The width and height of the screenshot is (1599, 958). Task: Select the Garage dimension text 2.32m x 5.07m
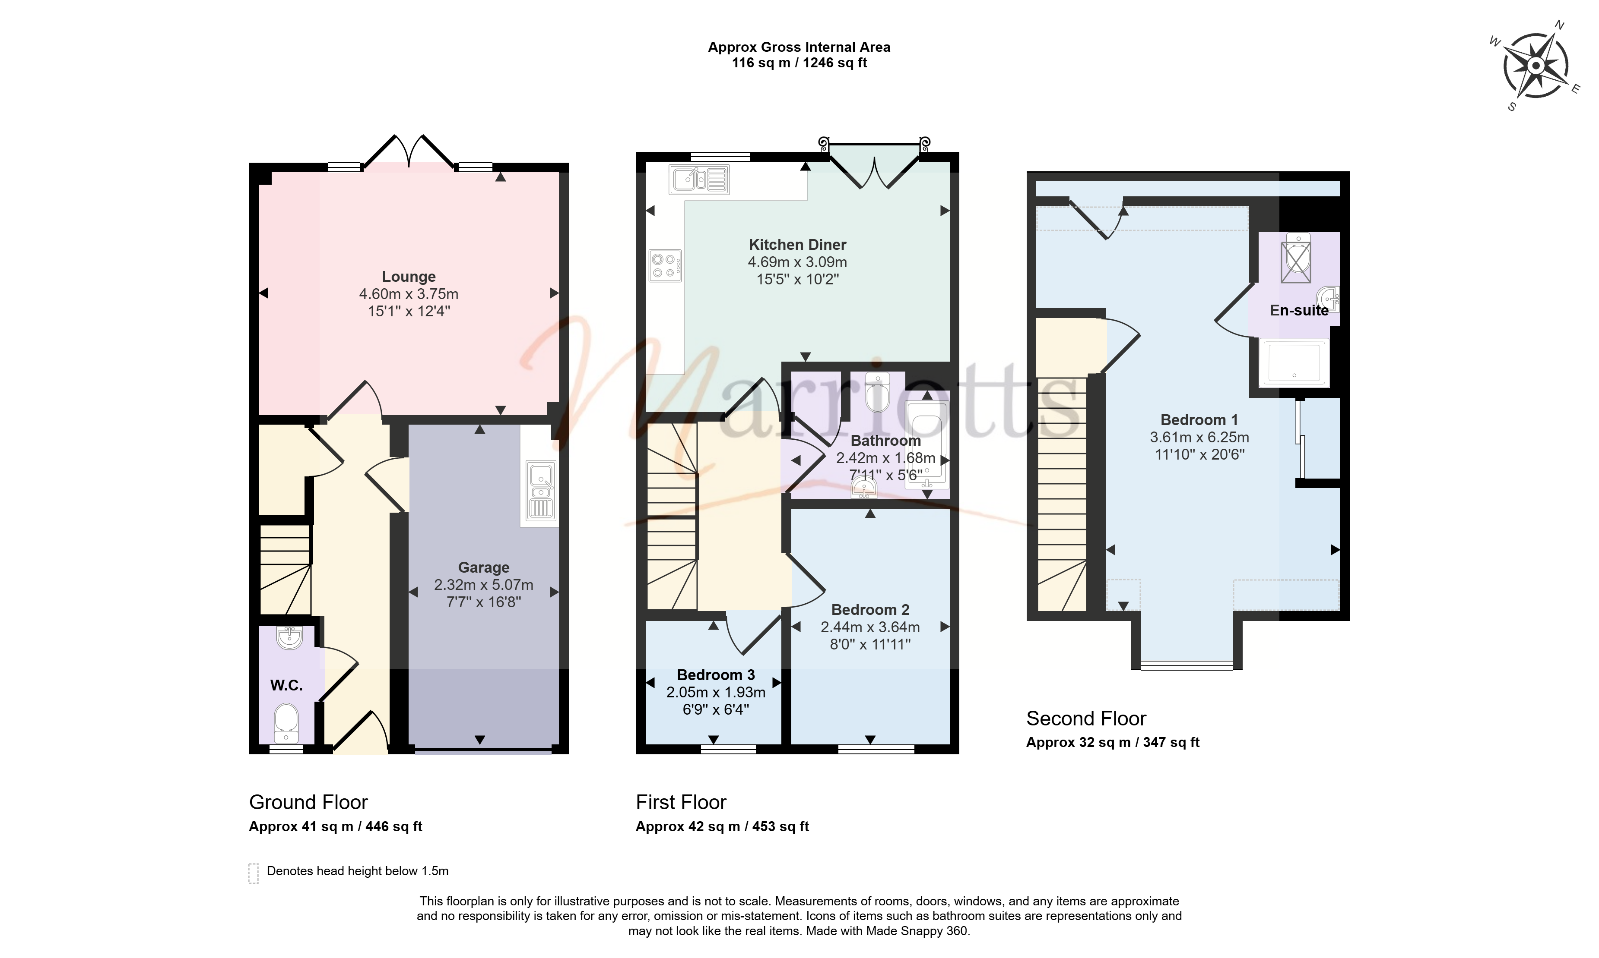point(483,585)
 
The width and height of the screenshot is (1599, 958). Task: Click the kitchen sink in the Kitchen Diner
point(699,180)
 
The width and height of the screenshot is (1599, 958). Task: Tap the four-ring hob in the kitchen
point(665,266)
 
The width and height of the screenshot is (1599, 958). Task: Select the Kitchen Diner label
point(797,245)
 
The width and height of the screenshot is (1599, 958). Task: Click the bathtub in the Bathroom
point(927,443)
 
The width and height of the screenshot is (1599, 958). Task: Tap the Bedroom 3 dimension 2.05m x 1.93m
point(716,692)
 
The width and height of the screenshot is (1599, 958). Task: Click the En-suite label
point(1298,311)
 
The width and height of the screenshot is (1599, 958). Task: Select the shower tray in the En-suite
point(1294,362)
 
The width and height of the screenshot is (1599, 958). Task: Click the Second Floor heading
point(1086,718)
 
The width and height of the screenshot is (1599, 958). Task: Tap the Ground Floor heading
point(308,802)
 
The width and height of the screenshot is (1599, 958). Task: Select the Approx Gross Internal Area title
point(799,47)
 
